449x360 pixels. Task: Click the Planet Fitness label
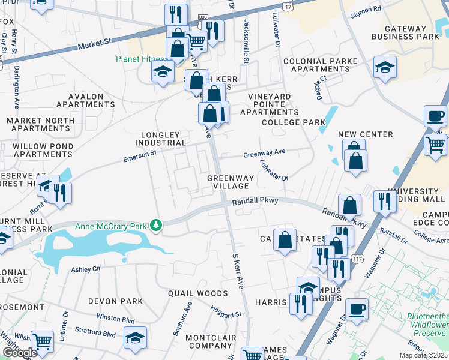pos(139,59)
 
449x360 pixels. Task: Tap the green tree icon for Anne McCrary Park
pos(157,226)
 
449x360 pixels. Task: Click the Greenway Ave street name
pos(264,154)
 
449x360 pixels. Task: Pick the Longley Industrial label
pos(160,139)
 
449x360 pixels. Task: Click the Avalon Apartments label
pos(86,100)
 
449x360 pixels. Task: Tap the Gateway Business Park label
pos(413,32)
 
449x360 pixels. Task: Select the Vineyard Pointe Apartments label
pos(269,104)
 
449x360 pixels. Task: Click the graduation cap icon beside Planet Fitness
pos(162,72)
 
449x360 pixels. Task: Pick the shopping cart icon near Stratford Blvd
pos(42,341)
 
